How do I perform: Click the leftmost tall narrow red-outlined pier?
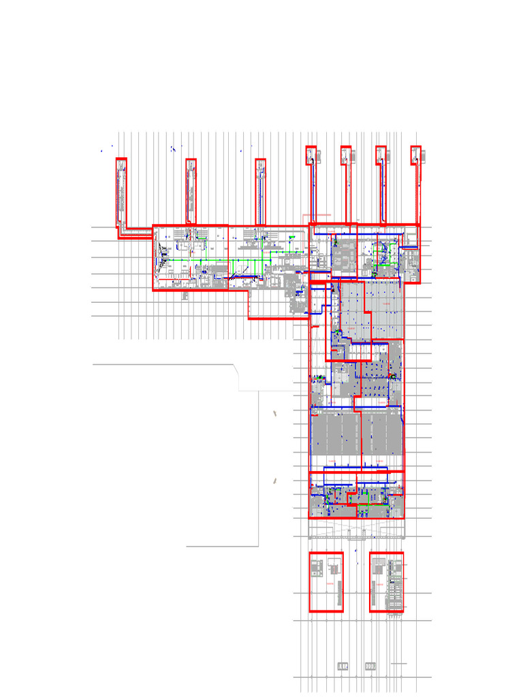(x=121, y=192)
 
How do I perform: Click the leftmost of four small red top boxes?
(x=311, y=155)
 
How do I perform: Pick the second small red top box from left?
(x=346, y=155)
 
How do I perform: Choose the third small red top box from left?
(x=381, y=155)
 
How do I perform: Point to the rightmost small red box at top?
(x=416, y=155)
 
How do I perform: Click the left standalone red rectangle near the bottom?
(x=326, y=582)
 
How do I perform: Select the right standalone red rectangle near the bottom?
(x=387, y=582)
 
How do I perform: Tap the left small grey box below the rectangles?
(x=343, y=666)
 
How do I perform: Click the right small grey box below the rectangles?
(x=370, y=666)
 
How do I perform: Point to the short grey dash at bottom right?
(x=400, y=663)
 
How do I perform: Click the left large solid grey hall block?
(x=334, y=434)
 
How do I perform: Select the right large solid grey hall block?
(x=381, y=434)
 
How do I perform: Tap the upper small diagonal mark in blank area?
(x=274, y=412)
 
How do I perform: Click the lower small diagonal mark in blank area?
(x=276, y=480)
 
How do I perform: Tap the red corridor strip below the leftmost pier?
(x=136, y=232)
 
